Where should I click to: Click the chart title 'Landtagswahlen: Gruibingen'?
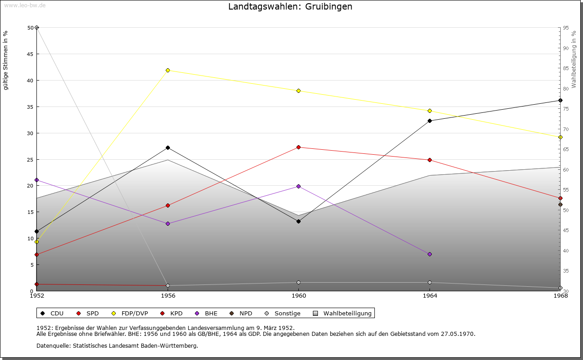click(290, 7)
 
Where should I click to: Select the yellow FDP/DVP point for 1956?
click(168, 70)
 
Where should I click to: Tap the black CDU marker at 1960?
click(298, 221)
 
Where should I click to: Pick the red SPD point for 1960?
click(298, 147)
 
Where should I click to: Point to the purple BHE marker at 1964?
click(430, 254)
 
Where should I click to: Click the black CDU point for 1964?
click(430, 121)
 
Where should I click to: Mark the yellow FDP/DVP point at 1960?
click(298, 91)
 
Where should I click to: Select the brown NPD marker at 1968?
click(560, 204)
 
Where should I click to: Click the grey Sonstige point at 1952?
click(36, 28)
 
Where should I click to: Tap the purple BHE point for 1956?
click(168, 223)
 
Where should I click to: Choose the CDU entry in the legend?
click(52, 313)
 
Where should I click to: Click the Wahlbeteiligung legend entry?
click(343, 313)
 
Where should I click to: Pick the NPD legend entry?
click(241, 313)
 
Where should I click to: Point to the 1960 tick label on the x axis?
click(298, 296)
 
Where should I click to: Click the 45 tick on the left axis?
click(31, 54)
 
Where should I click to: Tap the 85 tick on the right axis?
click(565, 68)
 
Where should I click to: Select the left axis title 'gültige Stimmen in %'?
click(5, 60)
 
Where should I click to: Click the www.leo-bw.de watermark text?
click(24, 5)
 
